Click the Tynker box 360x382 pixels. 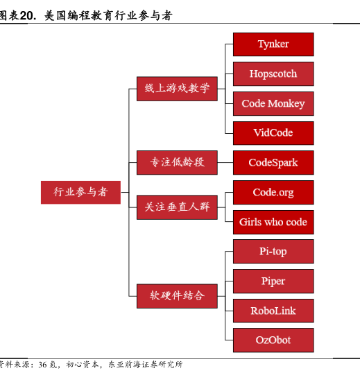(273, 44)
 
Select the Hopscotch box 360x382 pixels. (273, 73)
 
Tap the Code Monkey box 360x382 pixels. (273, 103)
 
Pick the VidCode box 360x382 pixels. (273, 133)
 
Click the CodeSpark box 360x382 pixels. (273, 162)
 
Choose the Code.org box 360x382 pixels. (273, 192)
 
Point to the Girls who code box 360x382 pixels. (273, 222)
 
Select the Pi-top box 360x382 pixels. (273, 252)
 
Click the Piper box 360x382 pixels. (273, 281)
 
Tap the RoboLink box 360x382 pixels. (273, 311)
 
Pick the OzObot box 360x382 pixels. (273, 340)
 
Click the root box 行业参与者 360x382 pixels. (80, 192)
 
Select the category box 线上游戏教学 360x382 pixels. (177, 89)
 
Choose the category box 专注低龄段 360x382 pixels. (177, 162)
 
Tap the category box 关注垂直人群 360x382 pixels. (177, 207)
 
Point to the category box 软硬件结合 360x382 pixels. (177, 296)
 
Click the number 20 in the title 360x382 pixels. (26, 16)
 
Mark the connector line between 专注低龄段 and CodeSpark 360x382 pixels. (225, 162)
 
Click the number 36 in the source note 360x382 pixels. (42, 365)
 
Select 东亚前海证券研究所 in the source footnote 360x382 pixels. (145, 365)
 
